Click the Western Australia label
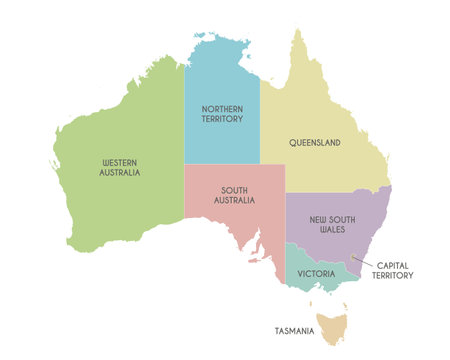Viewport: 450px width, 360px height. pos(121,166)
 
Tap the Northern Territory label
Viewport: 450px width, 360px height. pos(221,114)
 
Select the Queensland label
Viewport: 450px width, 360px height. pos(316,143)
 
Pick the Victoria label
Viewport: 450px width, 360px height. pos(316,271)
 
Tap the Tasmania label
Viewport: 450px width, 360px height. pos(295,330)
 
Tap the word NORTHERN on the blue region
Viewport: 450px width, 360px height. pos(221,108)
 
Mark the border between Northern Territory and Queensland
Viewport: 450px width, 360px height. pos(260,130)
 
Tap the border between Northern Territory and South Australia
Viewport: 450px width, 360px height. pos(222,164)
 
